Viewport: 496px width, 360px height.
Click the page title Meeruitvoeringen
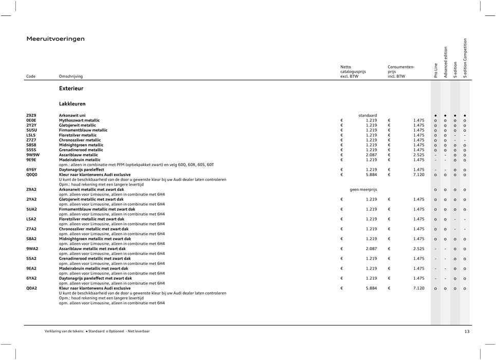(x=56, y=39)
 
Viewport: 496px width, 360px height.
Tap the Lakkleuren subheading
(x=72, y=103)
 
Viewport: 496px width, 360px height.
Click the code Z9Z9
(x=31, y=115)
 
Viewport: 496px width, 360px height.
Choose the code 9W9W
(x=32, y=155)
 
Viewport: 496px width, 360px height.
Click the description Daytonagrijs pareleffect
(x=81, y=170)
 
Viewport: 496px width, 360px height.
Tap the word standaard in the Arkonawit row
(x=368, y=115)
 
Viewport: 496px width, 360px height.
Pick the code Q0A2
(x=32, y=289)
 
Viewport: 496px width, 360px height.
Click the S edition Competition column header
(x=465, y=58)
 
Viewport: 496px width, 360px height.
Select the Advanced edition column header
(x=446, y=62)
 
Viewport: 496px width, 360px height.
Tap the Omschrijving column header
(x=70, y=76)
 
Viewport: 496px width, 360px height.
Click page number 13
(x=466, y=332)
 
